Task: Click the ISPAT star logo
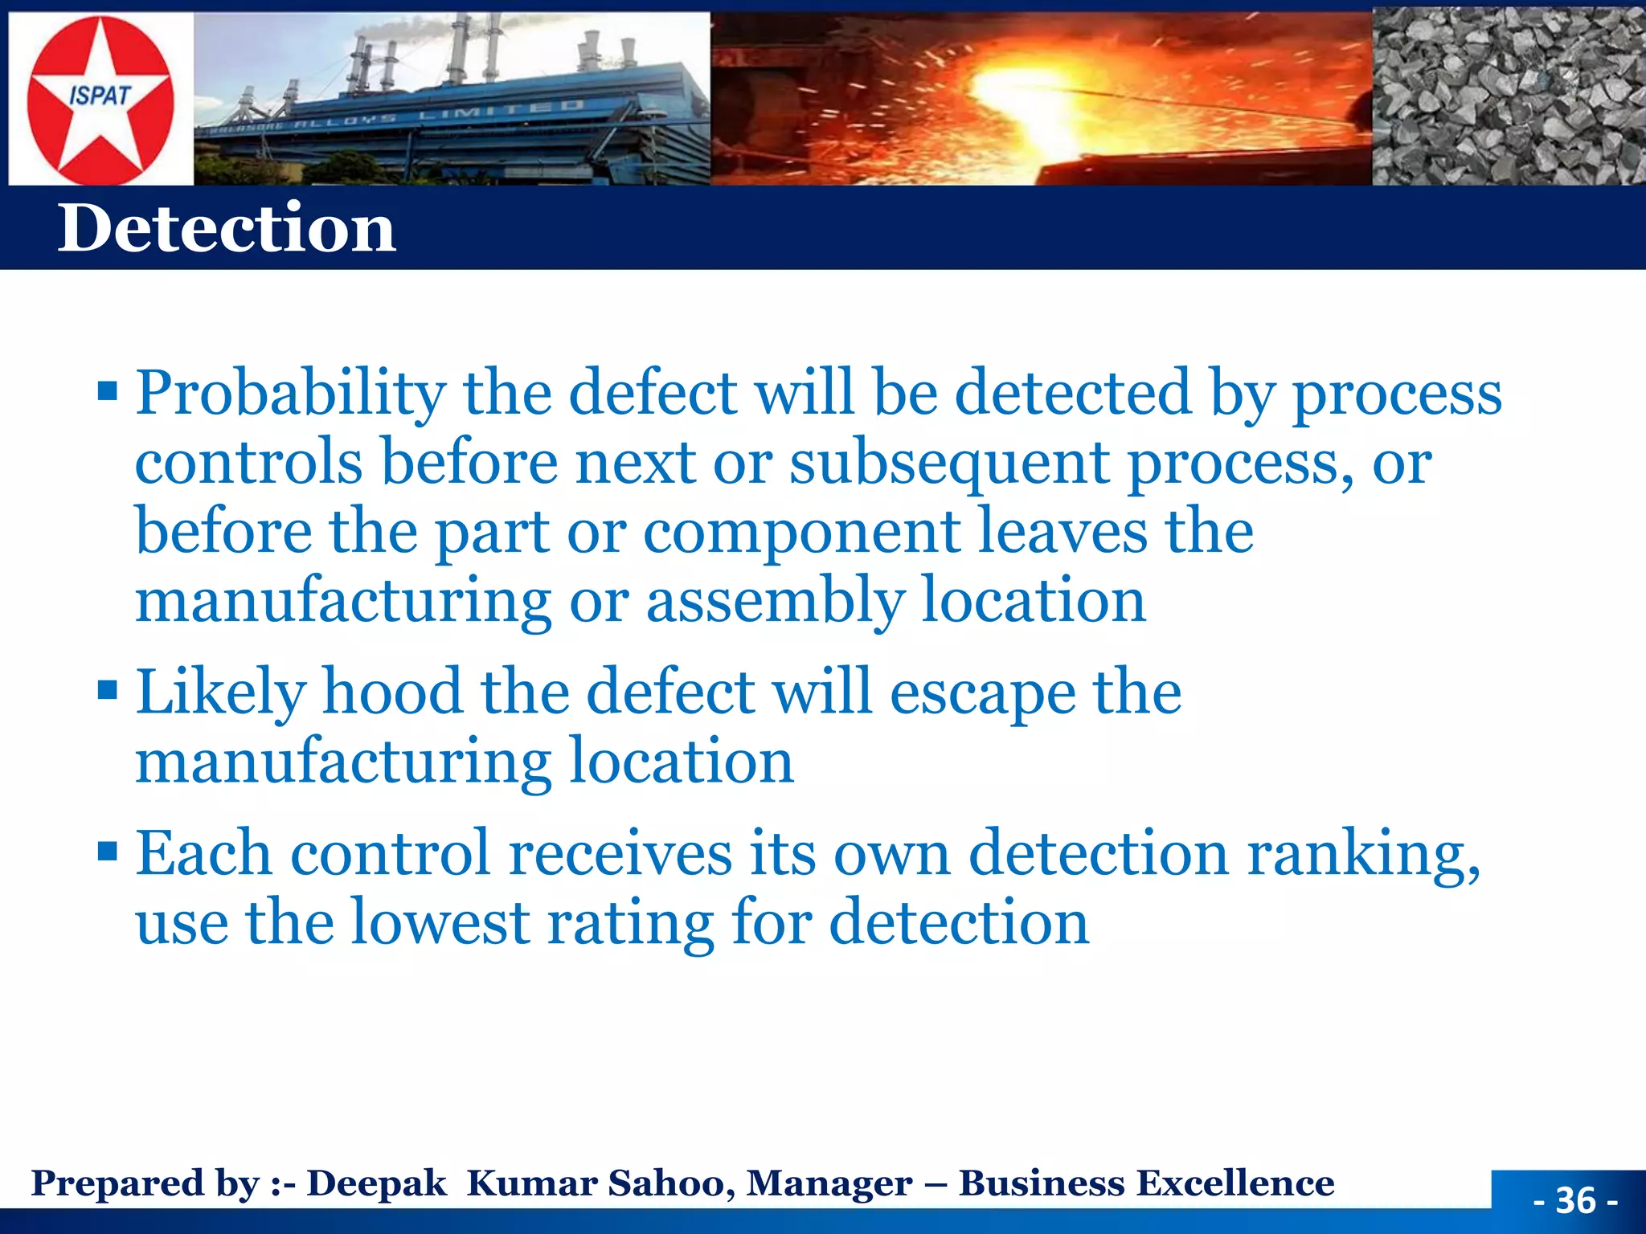100,100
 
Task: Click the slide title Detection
227,228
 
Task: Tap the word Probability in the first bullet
290,394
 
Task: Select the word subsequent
949,464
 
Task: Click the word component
801,533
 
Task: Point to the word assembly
774,603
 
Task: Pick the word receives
620,853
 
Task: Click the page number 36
1574,1200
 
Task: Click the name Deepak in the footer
376,1183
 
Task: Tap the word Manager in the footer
829,1183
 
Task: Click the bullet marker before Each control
107,851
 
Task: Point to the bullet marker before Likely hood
107,690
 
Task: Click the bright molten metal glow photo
1037,96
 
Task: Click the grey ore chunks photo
1508,96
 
